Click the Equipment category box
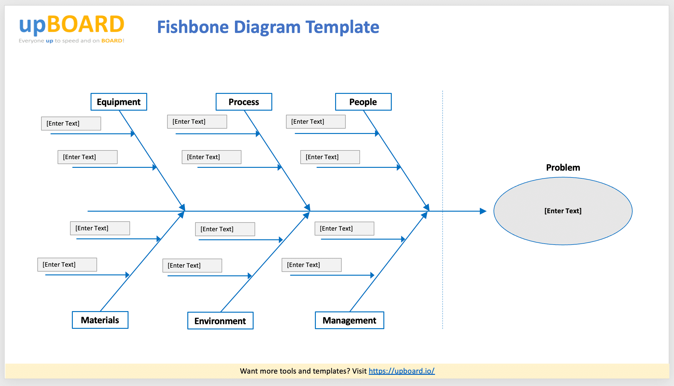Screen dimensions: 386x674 point(119,102)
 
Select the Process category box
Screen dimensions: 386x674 point(244,102)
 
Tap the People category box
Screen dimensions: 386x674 point(363,102)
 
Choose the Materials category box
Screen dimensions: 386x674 point(100,320)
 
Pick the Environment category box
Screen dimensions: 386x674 point(220,321)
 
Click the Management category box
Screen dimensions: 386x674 point(349,320)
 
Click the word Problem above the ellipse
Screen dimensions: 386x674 point(563,168)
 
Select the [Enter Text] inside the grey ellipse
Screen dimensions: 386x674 point(563,211)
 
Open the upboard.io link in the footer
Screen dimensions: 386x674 point(401,371)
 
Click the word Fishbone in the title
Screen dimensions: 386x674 point(193,27)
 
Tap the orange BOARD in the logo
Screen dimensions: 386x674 point(86,25)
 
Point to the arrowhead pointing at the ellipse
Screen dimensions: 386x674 point(483,211)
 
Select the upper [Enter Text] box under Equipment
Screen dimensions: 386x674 point(71,123)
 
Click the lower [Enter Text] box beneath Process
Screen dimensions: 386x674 point(212,157)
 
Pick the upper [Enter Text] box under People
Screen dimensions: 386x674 point(316,122)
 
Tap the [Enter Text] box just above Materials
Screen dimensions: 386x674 point(67,264)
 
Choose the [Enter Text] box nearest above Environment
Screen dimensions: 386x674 point(192,265)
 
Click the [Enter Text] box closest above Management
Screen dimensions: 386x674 point(311,265)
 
